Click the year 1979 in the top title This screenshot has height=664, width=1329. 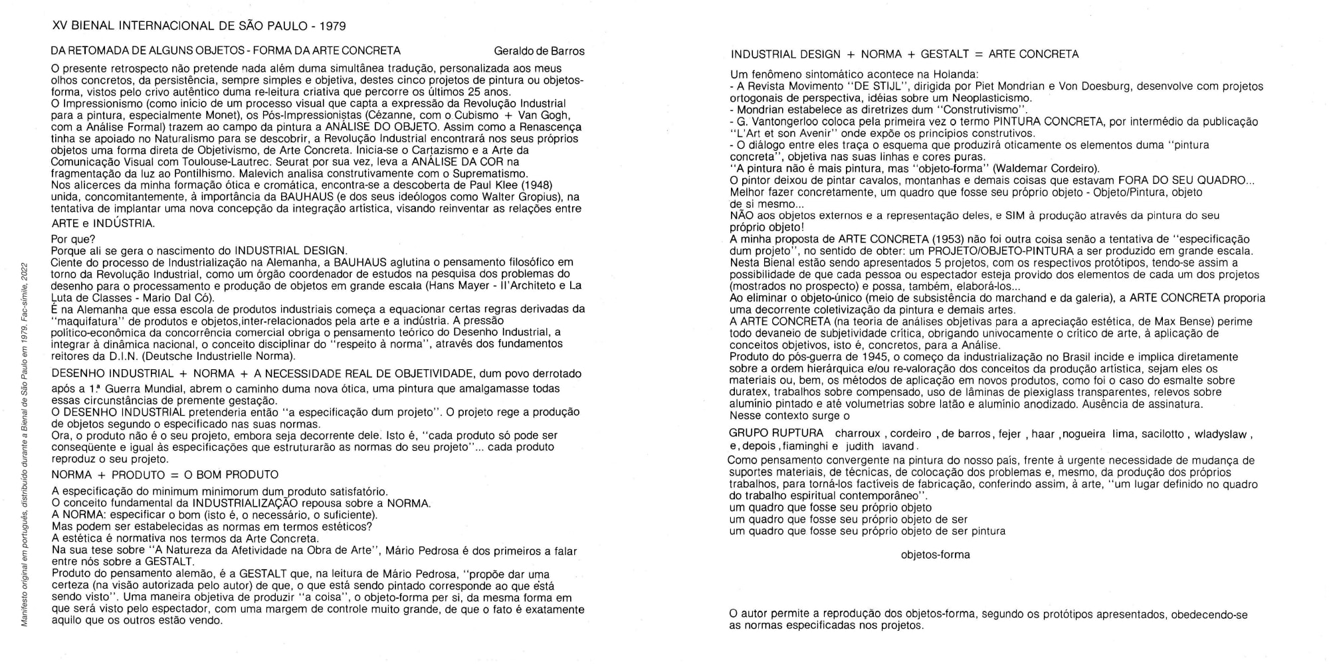[332, 27]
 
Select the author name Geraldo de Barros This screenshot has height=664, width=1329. [540, 51]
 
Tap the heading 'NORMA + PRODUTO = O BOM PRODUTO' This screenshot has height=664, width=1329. [165, 475]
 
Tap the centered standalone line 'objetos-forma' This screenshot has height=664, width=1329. [935, 555]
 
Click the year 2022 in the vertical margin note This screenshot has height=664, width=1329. [25, 273]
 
